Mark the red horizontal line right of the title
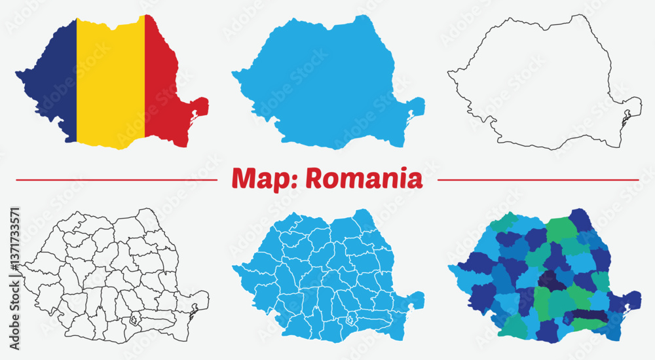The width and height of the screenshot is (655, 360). click(537, 179)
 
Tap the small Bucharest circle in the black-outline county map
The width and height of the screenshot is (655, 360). click(136, 321)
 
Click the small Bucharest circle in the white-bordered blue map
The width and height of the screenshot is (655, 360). click(351, 321)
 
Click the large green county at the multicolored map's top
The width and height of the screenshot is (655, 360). click(560, 229)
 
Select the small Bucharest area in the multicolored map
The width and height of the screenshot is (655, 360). click(567, 320)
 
